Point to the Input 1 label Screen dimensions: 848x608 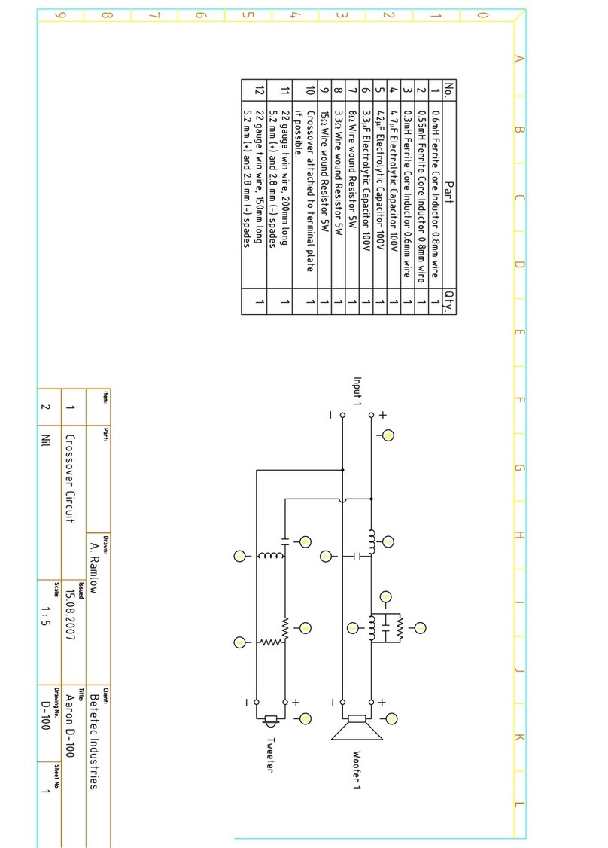coord(358,392)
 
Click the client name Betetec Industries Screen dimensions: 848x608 coord(94,738)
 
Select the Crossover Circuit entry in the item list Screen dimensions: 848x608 coord(71,477)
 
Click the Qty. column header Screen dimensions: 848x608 coord(449,301)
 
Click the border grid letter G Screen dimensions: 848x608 coord(518,468)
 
